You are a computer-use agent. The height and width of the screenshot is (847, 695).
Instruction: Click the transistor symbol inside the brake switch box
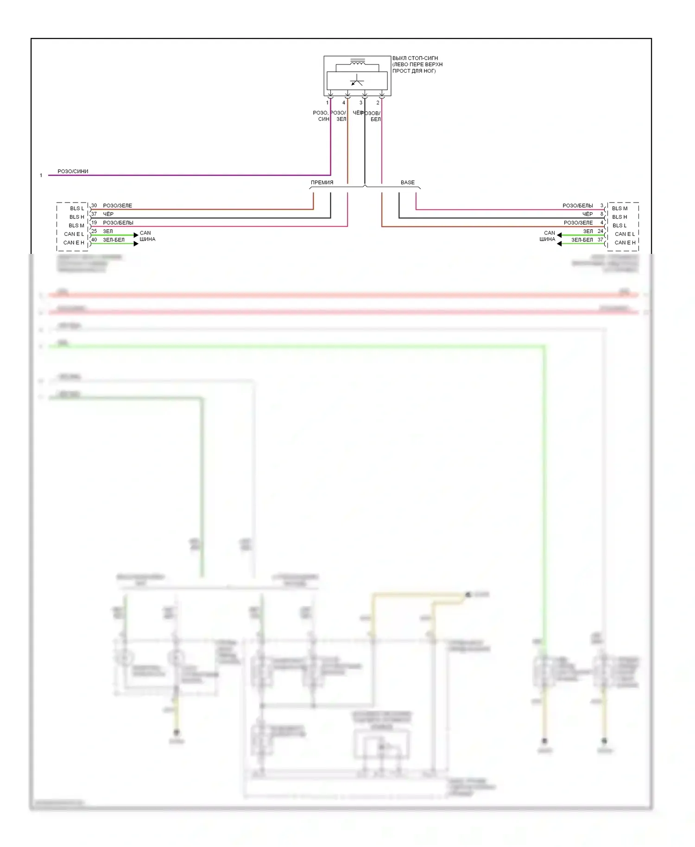coord(357,81)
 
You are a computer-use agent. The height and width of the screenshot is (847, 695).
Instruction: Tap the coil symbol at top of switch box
coord(357,62)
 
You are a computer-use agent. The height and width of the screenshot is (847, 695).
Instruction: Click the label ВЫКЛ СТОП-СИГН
coord(415,58)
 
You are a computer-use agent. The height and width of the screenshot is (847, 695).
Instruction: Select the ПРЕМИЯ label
coord(322,183)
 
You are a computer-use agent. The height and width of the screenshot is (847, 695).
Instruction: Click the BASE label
coord(408,183)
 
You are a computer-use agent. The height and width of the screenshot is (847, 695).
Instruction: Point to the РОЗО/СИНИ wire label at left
coord(73,171)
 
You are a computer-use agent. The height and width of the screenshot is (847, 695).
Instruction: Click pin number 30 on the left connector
coord(94,205)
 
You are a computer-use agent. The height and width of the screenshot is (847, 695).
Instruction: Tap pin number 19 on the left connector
coord(94,222)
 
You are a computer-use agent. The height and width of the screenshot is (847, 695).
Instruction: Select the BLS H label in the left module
coord(77,217)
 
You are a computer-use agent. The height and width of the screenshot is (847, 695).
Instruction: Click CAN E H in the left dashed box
coord(74,242)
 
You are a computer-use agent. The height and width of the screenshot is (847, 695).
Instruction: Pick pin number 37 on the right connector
coord(600,240)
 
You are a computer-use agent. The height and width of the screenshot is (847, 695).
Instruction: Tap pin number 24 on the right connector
coord(600,231)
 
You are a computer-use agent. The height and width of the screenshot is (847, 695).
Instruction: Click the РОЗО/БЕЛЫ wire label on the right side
coord(577,205)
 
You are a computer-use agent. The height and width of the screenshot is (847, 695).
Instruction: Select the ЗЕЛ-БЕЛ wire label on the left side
coord(114,240)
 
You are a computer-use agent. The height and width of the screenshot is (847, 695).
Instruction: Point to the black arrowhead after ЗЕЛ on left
coord(136,235)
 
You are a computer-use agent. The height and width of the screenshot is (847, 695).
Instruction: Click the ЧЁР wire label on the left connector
coord(108,214)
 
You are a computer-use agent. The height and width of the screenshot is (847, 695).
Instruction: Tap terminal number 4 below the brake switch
coord(344,103)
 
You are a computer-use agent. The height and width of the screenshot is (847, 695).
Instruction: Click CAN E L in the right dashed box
coord(625,234)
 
